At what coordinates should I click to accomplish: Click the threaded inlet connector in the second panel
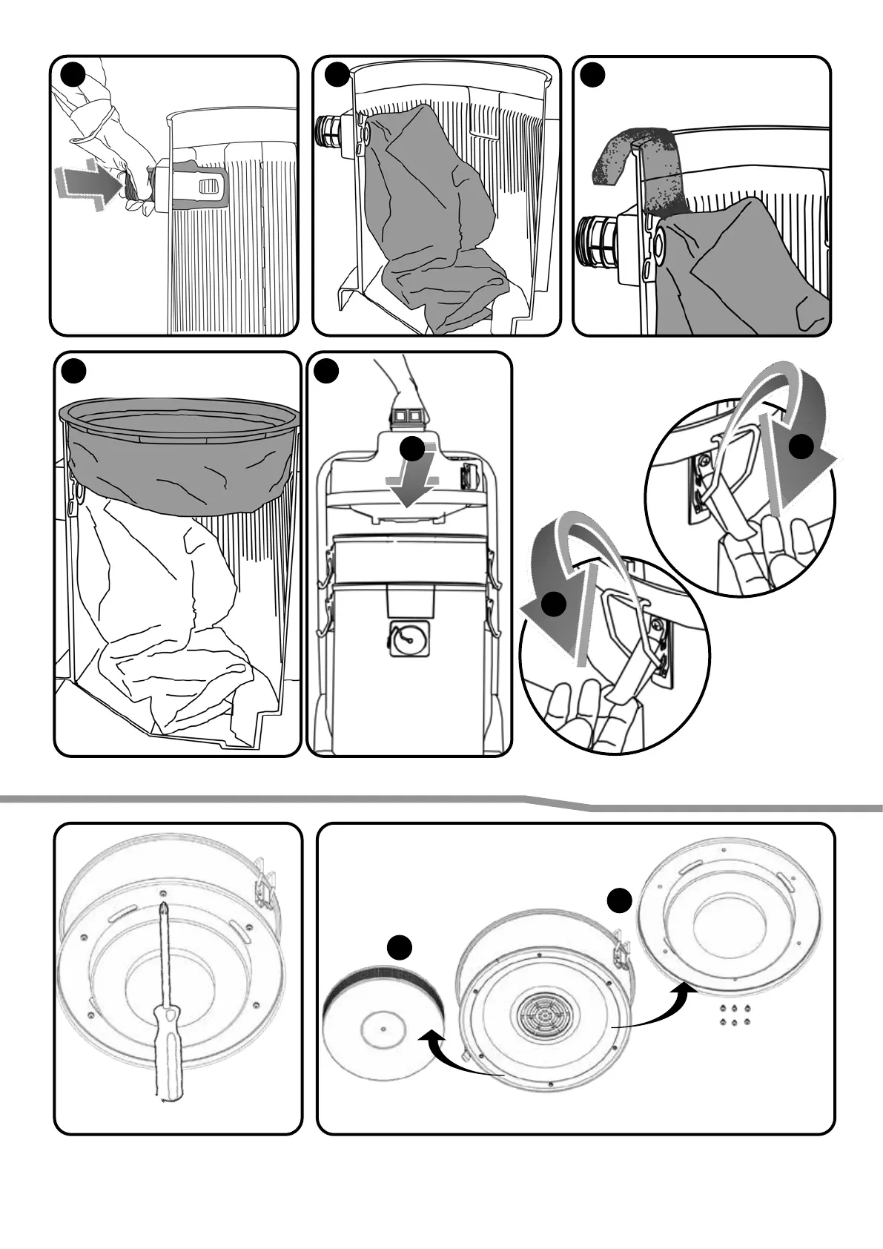coord(331,131)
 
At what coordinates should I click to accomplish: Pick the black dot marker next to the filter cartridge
coord(400,947)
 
